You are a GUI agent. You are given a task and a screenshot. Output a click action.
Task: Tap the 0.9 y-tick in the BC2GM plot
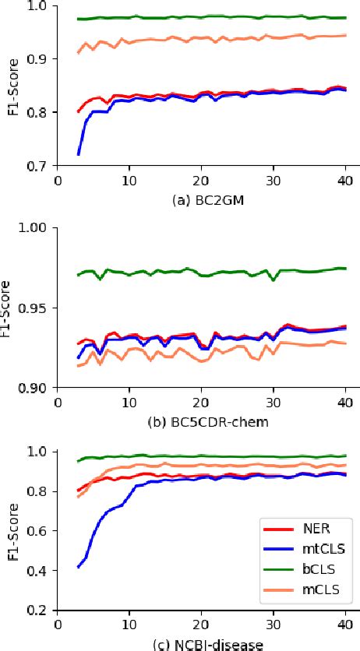(x=38, y=59)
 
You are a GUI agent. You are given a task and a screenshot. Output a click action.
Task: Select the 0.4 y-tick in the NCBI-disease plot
(x=38, y=572)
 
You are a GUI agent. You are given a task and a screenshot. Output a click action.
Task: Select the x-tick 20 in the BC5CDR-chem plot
(x=201, y=403)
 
